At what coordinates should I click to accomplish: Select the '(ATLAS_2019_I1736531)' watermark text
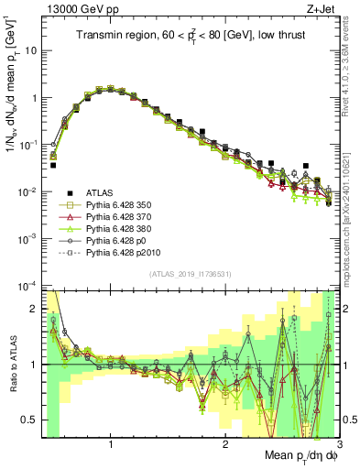click(190, 274)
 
